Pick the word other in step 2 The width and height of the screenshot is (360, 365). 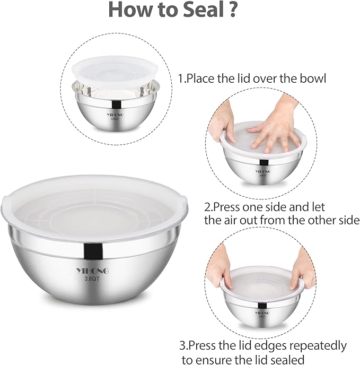[310, 220]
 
